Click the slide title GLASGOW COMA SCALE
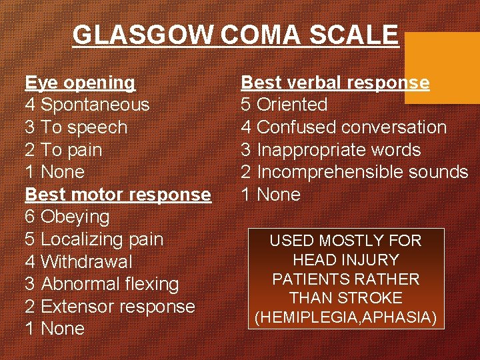pyautogui.click(x=235, y=35)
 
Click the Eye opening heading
pyautogui.click(x=80, y=83)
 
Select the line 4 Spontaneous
pyautogui.click(x=87, y=105)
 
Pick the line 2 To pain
pyautogui.click(x=63, y=150)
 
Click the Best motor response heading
pyautogui.click(x=118, y=195)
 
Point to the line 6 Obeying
pyautogui.click(x=67, y=217)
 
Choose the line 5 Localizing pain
pyautogui.click(x=94, y=239)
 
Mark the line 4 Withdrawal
pyautogui.click(x=79, y=262)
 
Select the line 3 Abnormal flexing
pyautogui.click(x=102, y=284)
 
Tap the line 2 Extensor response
pyautogui.click(x=110, y=307)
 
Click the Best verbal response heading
pyautogui.click(x=335, y=83)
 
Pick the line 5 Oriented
pyautogui.click(x=284, y=105)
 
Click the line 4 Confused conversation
pyautogui.click(x=343, y=127)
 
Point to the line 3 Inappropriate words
pyautogui.click(x=331, y=150)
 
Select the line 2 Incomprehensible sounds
pyautogui.click(x=354, y=172)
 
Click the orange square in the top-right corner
pyautogui.click(x=442, y=67)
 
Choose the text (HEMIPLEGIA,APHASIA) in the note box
pyautogui.click(x=345, y=317)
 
